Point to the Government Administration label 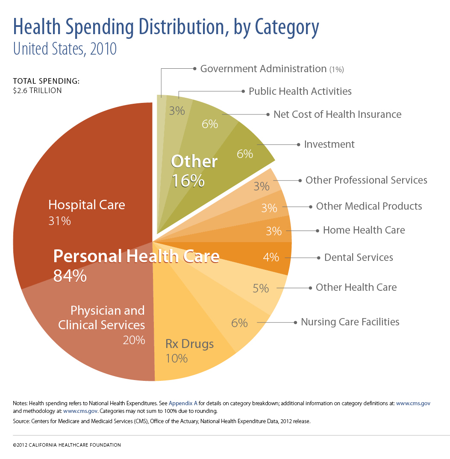pyautogui.click(x=263, y=69)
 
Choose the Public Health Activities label pyautogui.click(x=300, y=91)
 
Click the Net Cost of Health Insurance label pyautogui.click(x=337, y=114)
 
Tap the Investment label pyautogui.click(x=329, y=144)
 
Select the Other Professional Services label pyautogui.click(x=366, y=180)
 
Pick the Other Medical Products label pyautogui.click(x=369, y=206)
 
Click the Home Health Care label pyautogui.click(x=364, y=230)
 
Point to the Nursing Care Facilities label pyautogui.click(x=350, y=322)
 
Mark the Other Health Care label pyautogui.click(x=356, y=287)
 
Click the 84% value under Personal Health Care pyautogui.click(x=70, y=276)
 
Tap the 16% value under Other pyautogui.click(x=188, y=181)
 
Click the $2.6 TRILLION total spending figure pyautogui.click(x=38, y=91)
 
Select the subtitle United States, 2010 pyautogui.click(x=65, y=49)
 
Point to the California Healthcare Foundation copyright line pyautogui.click(x=67, y=445)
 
